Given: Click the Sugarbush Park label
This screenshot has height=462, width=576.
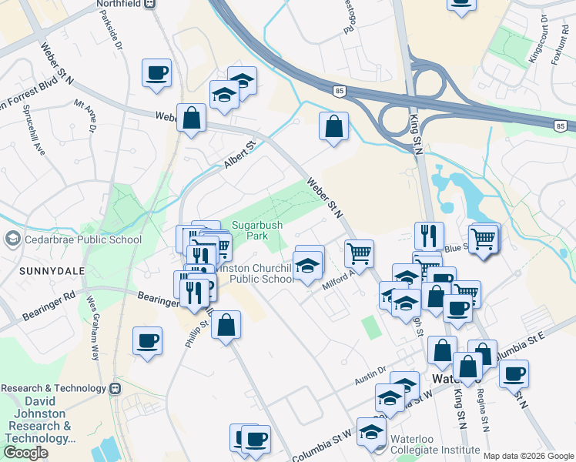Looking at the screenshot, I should click(x=258, y=230).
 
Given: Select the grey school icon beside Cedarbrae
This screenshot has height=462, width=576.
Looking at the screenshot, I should click(x=12, y=239).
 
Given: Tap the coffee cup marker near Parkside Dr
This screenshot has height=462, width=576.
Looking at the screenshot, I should click(x=156, y=74).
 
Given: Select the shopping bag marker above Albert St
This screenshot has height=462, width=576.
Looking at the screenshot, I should click(x=192, y=119).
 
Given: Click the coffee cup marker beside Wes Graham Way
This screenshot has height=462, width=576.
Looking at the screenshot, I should click(x=147, y=340).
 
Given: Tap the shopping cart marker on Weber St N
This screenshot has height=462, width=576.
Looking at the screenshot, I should click(x=359, y=252).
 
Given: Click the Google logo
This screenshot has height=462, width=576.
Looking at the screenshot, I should click(x=25, y=453).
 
